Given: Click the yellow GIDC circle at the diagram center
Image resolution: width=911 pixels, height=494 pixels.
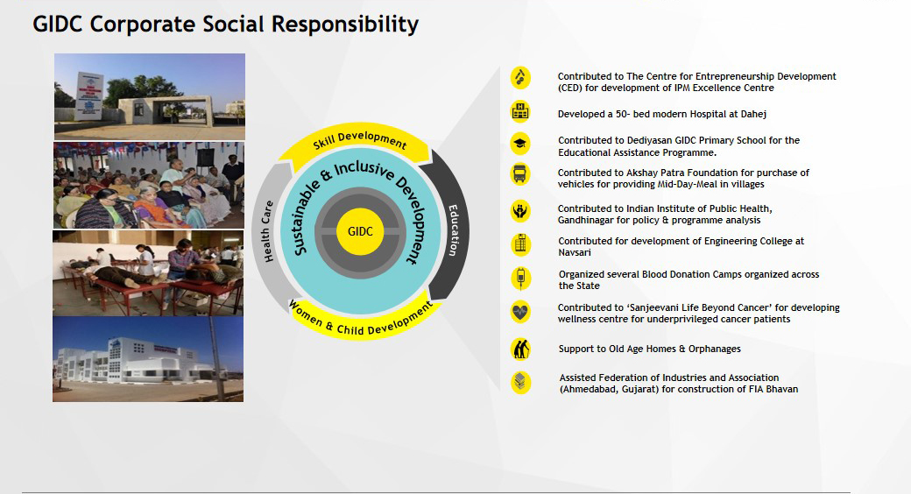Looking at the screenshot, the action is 360,231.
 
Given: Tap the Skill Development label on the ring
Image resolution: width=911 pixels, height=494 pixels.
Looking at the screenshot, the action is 360,140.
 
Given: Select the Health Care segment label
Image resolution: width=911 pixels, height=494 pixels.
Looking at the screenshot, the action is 266,231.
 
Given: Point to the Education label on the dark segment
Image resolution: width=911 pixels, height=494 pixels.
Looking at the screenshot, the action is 454,230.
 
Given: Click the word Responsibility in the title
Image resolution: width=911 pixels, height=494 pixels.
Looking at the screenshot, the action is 345,25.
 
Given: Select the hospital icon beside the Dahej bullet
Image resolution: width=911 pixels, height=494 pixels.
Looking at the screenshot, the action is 520,111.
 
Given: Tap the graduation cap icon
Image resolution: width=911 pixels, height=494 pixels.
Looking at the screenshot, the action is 520,143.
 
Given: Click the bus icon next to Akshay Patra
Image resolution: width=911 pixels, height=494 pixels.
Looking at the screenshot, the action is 520,174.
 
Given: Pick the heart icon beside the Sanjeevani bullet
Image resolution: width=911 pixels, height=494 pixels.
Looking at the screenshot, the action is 520,313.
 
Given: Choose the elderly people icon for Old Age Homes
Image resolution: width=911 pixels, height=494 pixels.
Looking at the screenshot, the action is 520,349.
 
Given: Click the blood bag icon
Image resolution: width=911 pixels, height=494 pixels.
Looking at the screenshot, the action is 520,279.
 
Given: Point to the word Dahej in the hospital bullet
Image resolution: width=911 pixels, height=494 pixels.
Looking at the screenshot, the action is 753,114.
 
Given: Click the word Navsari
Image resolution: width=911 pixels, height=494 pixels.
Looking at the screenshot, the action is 575,252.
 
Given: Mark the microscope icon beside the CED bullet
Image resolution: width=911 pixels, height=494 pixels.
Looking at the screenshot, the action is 520,78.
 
